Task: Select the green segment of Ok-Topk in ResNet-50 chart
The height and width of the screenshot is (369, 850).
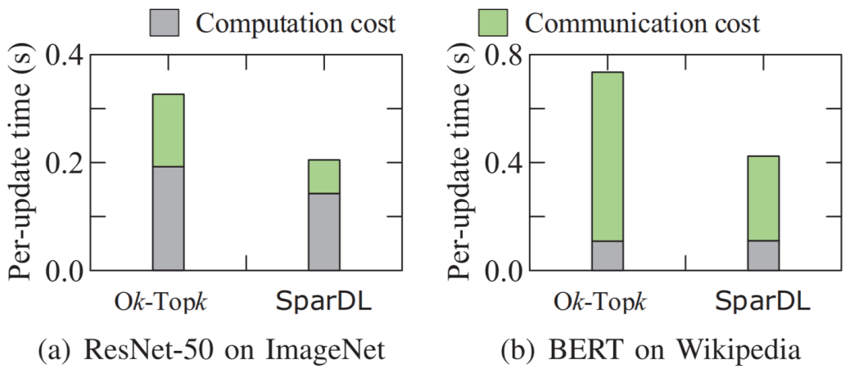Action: (168, 130)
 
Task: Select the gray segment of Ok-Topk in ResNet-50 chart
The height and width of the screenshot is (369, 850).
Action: (168, 218)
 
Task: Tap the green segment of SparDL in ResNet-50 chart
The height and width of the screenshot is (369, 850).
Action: (323, 176)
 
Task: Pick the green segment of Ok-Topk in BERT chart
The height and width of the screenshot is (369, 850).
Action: (607, 156)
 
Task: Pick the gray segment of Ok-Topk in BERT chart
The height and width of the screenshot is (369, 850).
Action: (607, 255)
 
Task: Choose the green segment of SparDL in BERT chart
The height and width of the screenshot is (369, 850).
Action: (762, 198)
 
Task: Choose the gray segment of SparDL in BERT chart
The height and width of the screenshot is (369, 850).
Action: (762, 255)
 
